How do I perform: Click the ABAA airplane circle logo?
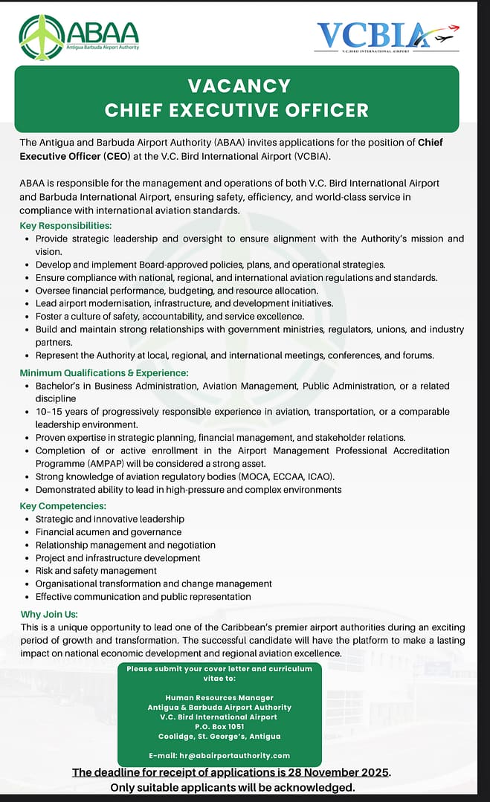[42, 36]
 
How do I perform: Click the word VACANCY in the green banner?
[239, 85]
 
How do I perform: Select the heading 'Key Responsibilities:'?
[66, 225]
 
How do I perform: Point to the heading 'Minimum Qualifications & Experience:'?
[104, 372]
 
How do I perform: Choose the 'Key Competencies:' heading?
[62, 505]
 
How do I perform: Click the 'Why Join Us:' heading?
[49, 614]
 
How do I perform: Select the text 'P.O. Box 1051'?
[219, 726]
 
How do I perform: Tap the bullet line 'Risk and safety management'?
[96, 570]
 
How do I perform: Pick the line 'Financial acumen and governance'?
[109, 531]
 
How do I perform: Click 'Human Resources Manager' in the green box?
[219, 697]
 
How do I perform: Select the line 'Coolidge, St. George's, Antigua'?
[219, 736]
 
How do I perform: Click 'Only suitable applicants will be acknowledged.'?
[233, 787]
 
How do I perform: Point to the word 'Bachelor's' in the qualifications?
[61, 386]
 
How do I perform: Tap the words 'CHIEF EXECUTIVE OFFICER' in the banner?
[236, 111]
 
